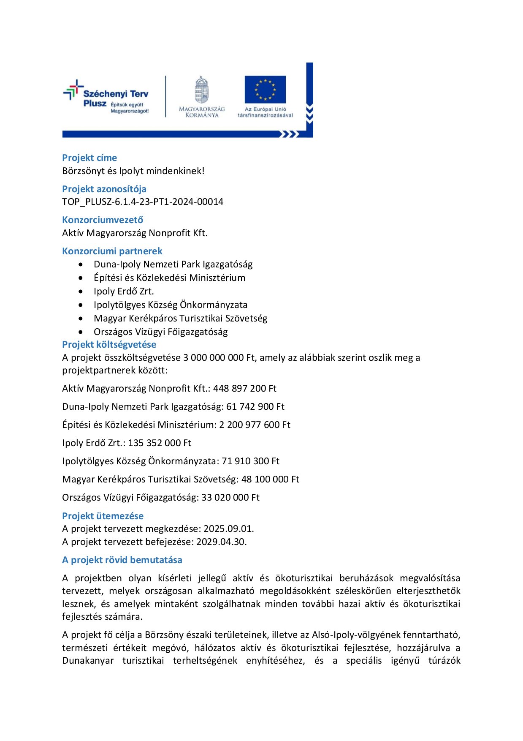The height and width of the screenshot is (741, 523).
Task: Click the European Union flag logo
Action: [265, 90]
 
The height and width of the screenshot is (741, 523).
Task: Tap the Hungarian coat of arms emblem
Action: [202, 90]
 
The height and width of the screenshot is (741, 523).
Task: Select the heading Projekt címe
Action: [89, 158]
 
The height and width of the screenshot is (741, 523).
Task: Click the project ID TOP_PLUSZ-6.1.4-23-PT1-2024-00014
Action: [143, 202]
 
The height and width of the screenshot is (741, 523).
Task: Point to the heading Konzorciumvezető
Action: [103, 220]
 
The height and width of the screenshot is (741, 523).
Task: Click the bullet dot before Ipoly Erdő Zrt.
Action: [81, 291]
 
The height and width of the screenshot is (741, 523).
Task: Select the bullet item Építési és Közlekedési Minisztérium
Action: [169, 278]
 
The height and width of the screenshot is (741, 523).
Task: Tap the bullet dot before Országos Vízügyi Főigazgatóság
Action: [81, 332]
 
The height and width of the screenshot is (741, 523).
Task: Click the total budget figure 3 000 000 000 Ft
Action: [219, 358]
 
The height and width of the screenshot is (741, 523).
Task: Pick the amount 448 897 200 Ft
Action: [245, 389]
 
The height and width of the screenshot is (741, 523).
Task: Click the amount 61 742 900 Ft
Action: [255, 407]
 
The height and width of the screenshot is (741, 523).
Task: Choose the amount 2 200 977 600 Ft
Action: [255, 425]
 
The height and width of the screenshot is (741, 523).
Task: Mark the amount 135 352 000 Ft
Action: [160, 443]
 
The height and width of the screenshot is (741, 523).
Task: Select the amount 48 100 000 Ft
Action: [270, 479]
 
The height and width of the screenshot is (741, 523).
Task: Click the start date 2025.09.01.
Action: [229, 529]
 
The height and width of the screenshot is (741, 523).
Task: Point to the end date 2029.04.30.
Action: [222, 542]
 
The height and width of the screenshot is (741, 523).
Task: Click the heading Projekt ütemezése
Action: [103, 516]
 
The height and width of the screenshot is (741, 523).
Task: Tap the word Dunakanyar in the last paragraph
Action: [88, 661]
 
